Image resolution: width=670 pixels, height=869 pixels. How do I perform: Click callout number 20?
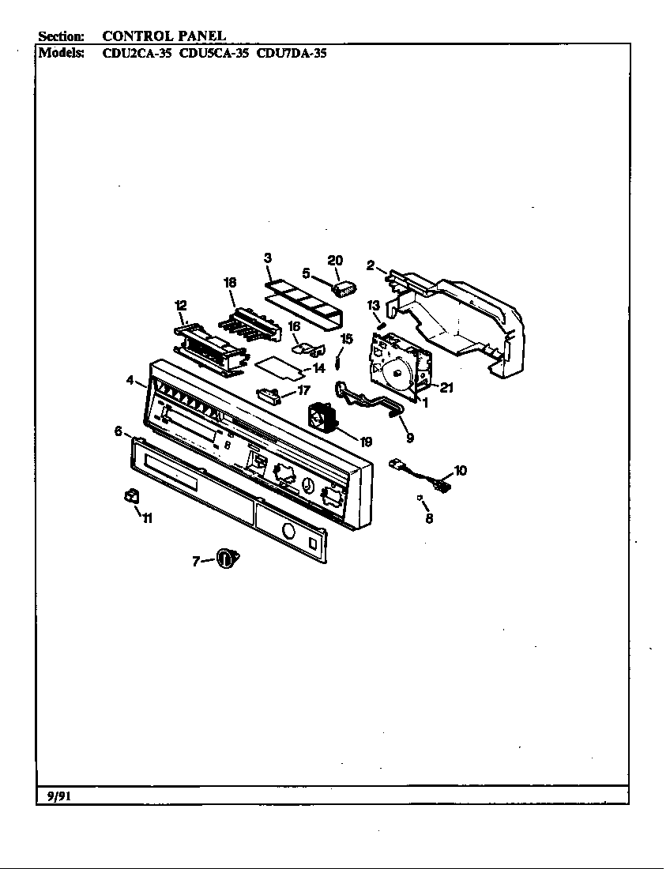click(335, 261)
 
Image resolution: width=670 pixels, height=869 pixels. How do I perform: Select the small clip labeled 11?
click(131, 495)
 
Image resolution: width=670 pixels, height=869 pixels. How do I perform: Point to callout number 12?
click(181, 305)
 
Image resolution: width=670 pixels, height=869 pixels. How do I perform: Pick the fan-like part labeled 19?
click(321, 416)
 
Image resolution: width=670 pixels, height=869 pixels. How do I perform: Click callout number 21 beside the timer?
click(446, 387)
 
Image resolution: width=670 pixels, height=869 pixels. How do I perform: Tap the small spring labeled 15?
click(337, 361)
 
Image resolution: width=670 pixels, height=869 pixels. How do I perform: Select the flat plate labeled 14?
click(277, 365)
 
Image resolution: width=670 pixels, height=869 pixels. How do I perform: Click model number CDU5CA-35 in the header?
click(214, 54)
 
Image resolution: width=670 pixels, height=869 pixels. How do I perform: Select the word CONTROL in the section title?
click(131, 36)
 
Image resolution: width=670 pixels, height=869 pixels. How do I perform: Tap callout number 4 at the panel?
click(130, 380)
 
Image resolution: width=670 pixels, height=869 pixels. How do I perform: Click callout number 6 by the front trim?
click(118, 431)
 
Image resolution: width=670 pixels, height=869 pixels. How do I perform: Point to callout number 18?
click(230, 282)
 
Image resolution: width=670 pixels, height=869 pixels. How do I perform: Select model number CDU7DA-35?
click(292, 54)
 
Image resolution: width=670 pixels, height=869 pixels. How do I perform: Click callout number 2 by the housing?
click(370, 265)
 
